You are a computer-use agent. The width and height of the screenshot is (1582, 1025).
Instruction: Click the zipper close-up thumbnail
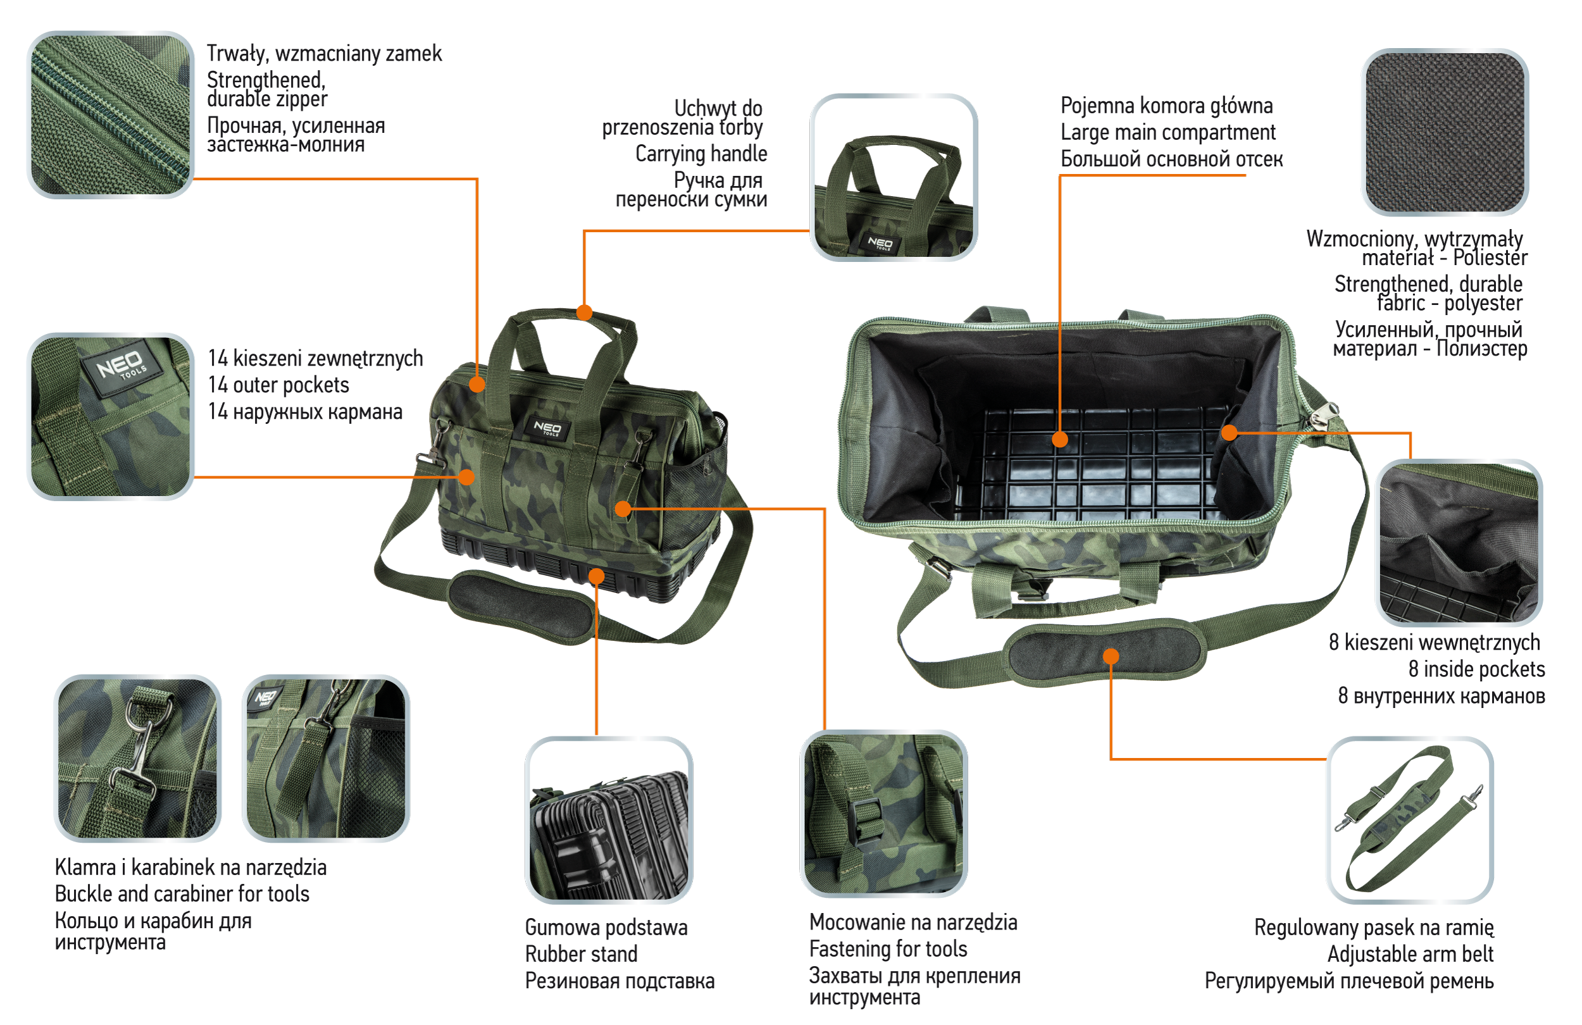pyautogui.click(x=110, y=115)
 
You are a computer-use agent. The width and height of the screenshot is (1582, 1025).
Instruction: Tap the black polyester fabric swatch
pyautogui.click(x=1445, y=132)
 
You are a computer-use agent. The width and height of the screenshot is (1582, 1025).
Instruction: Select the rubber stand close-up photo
pyautogui.click(x=609, y=819)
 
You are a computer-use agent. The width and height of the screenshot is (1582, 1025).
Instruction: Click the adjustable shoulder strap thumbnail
pyautogui.click(x=1411, y=819)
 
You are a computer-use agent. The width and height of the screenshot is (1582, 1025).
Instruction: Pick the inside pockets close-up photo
pyautogui.click(x=1459, y=542)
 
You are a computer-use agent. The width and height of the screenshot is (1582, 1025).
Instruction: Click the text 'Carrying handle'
pyautogui.click(x=701, y=154)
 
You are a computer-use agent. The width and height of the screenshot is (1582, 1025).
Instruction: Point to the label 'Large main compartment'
pyautogui.click(x=1168, y=132)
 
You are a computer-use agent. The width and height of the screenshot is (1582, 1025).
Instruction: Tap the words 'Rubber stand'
pyautogui.click(x=581, y=954)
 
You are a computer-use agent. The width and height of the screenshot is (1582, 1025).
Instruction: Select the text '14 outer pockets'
pyautogui.click(x=278, y=385)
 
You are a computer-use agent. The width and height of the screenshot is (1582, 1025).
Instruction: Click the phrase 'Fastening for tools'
pyautogui.click(x=888, y=948)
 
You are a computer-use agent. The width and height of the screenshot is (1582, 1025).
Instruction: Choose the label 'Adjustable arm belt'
pyautogui.click(x=1411, y=954)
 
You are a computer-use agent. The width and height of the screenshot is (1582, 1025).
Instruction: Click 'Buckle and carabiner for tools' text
pyautogui.click(x=182, y=894)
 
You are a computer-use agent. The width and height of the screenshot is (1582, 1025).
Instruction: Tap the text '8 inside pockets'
pyautogui.click(x=1477, y=669)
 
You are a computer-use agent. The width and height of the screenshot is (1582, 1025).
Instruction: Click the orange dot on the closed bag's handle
pyautogui.click(x=584, y=313)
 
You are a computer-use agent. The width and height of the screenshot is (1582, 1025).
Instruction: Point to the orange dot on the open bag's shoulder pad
pyautogui.click(x=1111, y=657)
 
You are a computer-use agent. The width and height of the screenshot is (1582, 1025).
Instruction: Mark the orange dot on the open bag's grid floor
pyautogui.click(x=1060, y=439)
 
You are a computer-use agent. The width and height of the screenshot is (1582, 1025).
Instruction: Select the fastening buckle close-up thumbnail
pyautogui.click(x=883, y=814)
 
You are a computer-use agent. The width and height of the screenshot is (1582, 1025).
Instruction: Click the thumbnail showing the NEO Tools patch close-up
pyautogui.click(x=110, y=417)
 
